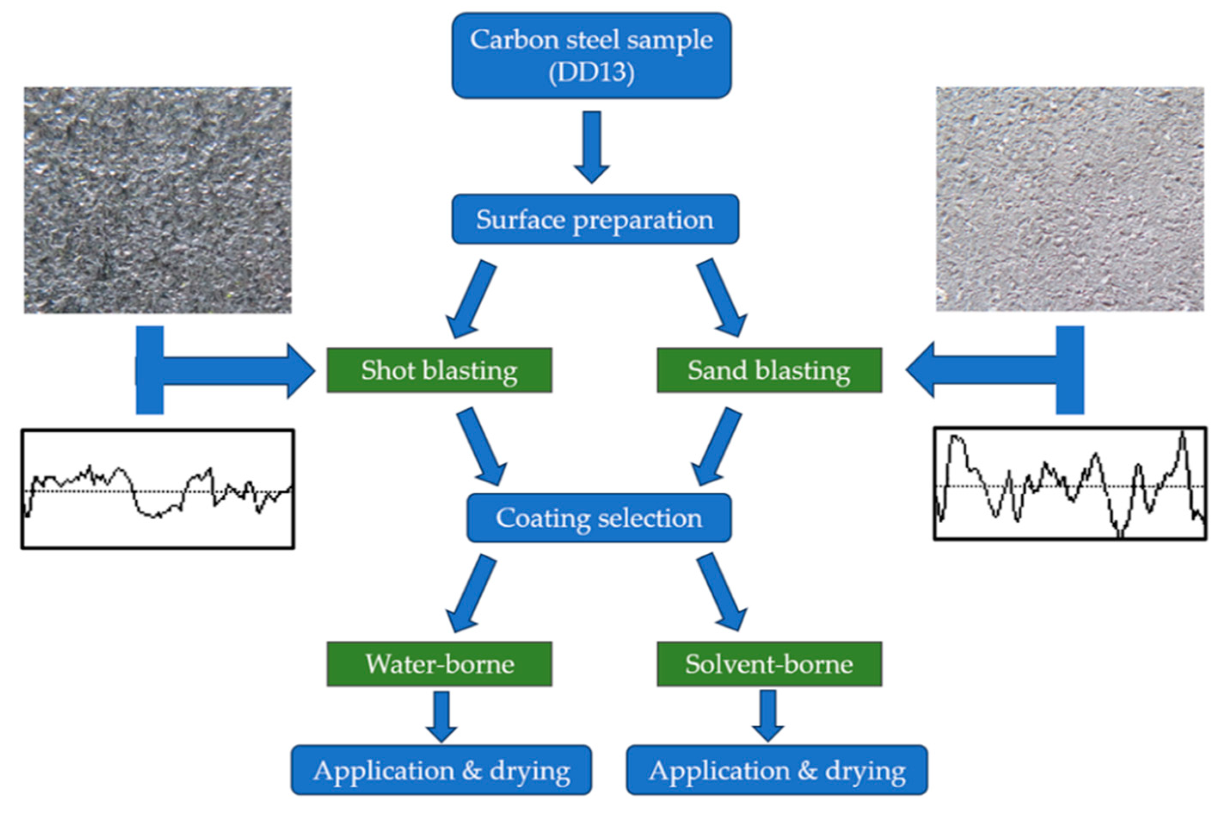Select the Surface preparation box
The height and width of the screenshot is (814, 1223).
click(595, 219)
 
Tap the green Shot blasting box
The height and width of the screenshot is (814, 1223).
click(439, 370)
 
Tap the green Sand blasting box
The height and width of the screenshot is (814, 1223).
click(768, 370)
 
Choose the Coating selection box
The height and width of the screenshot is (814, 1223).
click(598, 518)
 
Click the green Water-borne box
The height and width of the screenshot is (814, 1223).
click(439, 664)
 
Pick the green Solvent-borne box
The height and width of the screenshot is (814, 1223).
click(768, 664)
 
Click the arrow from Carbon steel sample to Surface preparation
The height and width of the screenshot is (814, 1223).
click(592, 145)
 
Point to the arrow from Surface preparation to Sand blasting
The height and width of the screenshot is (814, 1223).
click(721, 299)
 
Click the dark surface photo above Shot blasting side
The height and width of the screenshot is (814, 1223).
click(158, 200)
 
